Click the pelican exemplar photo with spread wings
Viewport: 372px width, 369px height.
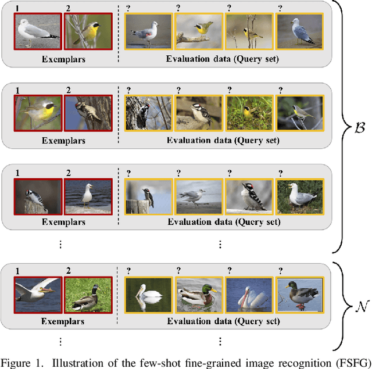pyautogui.click(x=38, y=295)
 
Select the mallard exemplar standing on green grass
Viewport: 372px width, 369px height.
pyautogui.click(x=85, y=295)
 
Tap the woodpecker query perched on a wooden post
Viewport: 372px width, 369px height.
pyautogui.click(x=148, y=196)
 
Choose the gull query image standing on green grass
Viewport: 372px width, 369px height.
pyautogui.click(x=299, y=196)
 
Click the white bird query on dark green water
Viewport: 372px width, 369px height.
pyautogui.click(x=148, y=295)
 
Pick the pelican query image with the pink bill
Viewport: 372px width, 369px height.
pyautogui.click(x=249, y=295)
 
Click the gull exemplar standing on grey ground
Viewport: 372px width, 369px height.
pyautogui.click(x=38, y=31)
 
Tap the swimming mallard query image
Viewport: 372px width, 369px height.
pyautogui.click(x=199, y=295)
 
